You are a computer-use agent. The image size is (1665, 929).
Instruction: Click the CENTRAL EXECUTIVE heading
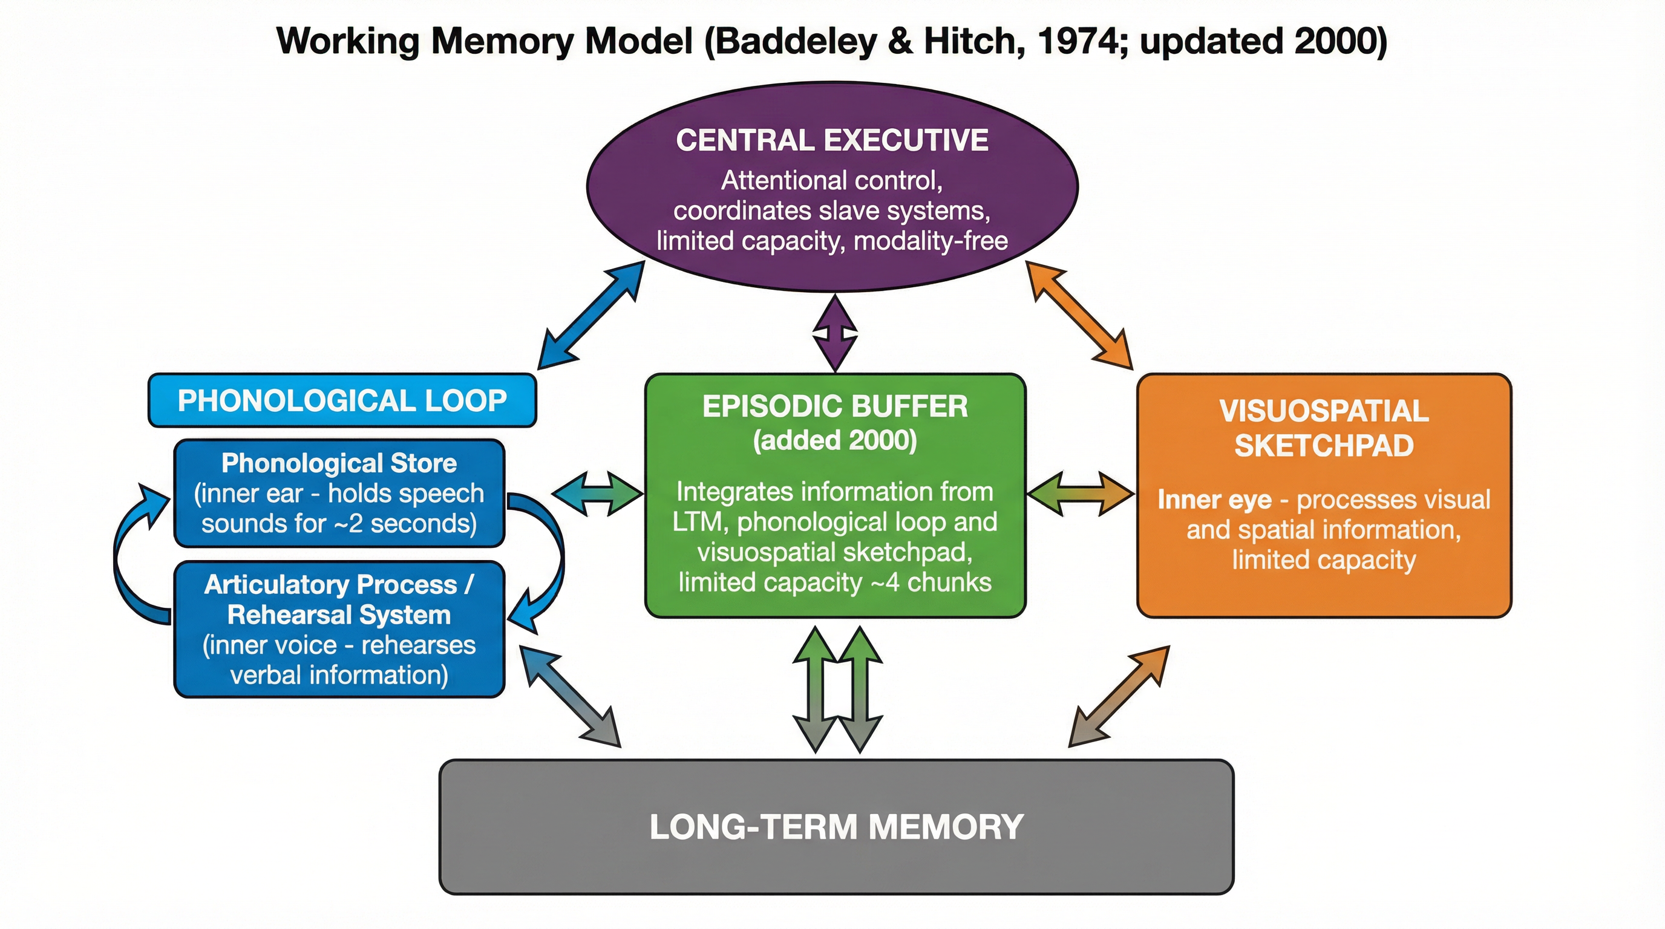(x=832, y=140)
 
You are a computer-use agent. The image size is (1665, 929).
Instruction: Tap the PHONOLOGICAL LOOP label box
(x=342, y=400)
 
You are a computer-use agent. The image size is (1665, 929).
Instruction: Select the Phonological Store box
(x=339, y=493)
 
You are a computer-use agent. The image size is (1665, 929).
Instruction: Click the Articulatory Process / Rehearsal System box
(x=339, y=628)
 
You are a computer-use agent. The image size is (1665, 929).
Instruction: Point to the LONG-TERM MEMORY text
(x=836, y=827)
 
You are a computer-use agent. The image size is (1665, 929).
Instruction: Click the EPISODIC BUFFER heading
(x=835, y=406)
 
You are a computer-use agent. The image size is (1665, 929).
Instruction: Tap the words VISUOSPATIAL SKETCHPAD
(x=1324, y=428)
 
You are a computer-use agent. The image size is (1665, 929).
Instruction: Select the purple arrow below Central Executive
(x=835, y=333)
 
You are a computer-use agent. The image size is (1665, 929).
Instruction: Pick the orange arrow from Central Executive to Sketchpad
(x=1079, y=315)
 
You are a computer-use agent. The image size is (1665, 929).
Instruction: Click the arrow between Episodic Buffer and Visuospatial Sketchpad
(x=1080, y=494)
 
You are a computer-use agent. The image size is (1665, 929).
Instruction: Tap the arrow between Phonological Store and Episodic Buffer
(x=598, y=494)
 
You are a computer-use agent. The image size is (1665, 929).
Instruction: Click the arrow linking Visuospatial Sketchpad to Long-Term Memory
(x=1119, y=696)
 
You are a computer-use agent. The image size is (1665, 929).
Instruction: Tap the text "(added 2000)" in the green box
(x=835, y=440)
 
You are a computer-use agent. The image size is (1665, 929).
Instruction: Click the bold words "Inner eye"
(x=1214, y=500)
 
